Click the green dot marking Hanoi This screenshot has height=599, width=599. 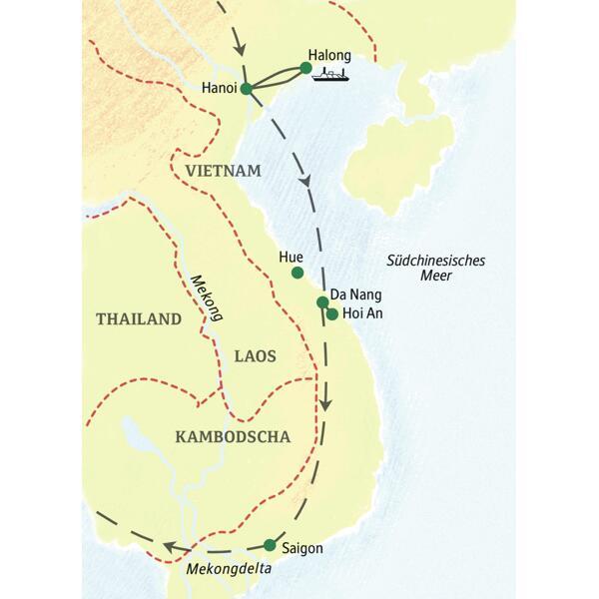246,89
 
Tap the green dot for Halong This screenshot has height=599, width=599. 306,68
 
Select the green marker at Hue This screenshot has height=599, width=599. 297,273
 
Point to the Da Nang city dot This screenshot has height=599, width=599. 322,301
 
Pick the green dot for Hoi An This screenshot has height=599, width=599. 331,314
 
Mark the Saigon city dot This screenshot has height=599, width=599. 270,545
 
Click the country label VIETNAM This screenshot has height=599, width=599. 223,171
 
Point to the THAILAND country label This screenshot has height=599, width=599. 139,319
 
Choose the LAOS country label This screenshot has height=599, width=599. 255,355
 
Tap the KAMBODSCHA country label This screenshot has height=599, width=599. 232,436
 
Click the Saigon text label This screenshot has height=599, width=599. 303,547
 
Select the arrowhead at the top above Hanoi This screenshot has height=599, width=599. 238,47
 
